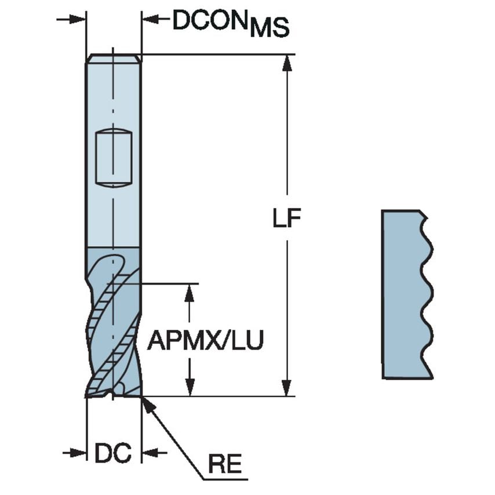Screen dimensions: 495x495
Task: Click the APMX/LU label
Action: click(205, 341)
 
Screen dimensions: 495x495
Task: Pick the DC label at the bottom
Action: click(113, 453)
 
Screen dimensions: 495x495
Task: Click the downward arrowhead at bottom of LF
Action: click(285, 389)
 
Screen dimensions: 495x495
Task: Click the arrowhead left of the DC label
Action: click(78, 452)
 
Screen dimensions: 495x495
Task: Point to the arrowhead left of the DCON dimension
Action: click(78, 19)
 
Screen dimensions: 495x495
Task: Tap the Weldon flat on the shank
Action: click(114, 158)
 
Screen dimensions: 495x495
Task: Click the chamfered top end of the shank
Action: click(113, 59)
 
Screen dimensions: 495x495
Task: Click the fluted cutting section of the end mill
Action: click(113, 325)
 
